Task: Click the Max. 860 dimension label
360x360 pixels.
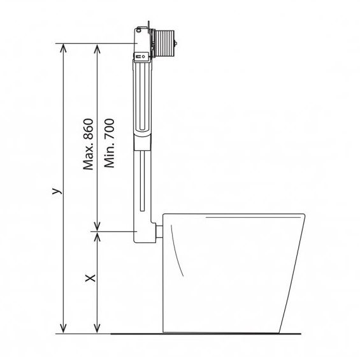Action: pos(89,144)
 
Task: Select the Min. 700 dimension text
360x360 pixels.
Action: pos(109,143)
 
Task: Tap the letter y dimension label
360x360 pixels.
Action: pos(57,191)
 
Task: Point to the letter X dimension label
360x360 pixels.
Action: pos(90,278)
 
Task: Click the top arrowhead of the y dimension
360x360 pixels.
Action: pos(63,48)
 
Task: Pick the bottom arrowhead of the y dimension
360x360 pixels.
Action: pos(63,329)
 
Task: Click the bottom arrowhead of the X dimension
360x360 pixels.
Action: pos(97,329)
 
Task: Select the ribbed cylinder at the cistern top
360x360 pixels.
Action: pos(164,43)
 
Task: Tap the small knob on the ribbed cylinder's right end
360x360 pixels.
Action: pos(176,43)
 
